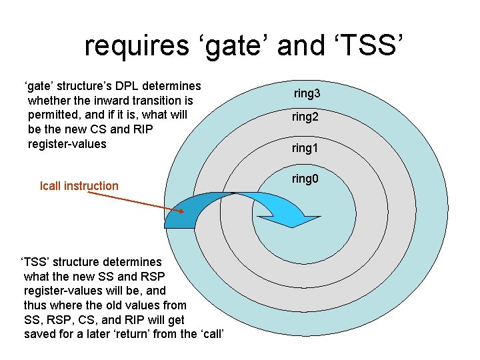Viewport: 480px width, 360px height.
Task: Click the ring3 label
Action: pyautogui.click(x=307, y=94)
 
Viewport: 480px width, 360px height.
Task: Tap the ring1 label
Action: pyautogui.click(x=305, y=148)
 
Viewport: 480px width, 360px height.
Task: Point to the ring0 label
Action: pyautogui.click(x=305, y=178)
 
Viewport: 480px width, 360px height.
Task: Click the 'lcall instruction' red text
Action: pyautogui.click(x=79, y=186)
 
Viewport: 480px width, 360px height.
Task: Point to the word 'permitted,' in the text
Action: pyautogui.click(x=55, y=115)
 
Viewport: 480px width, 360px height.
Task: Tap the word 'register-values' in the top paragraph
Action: pyautogui.click(x=67, y=144)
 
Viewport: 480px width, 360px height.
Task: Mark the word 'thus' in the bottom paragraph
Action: pyautogui.click(x=35, y=305)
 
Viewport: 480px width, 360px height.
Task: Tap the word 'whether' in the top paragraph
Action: pyautogui.click(x=48, y=101)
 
